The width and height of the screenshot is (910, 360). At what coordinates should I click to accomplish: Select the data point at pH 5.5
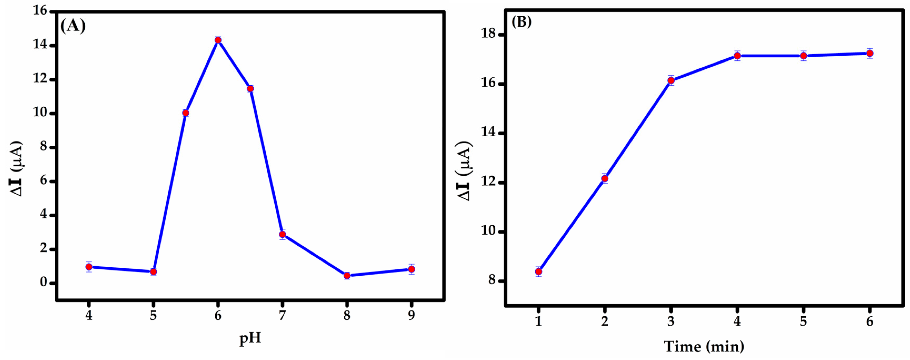click(x=186, y=113)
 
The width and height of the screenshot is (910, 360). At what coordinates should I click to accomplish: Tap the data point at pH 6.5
click(x=250, y=89)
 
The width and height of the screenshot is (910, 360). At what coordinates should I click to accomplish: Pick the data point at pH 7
click(x=282, y=234)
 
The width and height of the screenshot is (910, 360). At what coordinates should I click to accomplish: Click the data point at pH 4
click(x=89, y=267)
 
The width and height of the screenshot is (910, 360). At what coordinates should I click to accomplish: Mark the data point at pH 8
click(x=347, y=276)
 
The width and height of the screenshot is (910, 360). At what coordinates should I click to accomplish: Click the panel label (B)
click(x=521, y=22)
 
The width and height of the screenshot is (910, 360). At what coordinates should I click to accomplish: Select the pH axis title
click(x=250, y=338)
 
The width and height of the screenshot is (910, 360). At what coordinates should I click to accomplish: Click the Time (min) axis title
click(x=704, y=347)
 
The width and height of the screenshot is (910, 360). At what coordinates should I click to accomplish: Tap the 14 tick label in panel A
click(x=40, y=45)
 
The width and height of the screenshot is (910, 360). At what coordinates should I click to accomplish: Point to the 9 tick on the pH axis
click(x=411, y=315)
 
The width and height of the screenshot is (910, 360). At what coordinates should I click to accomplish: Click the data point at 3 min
click(x=671, y=81)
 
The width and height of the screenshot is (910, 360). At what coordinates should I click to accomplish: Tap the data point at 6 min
click(x=870, y=53)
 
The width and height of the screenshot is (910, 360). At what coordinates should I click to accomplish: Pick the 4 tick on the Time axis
click(x=737, y=321)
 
